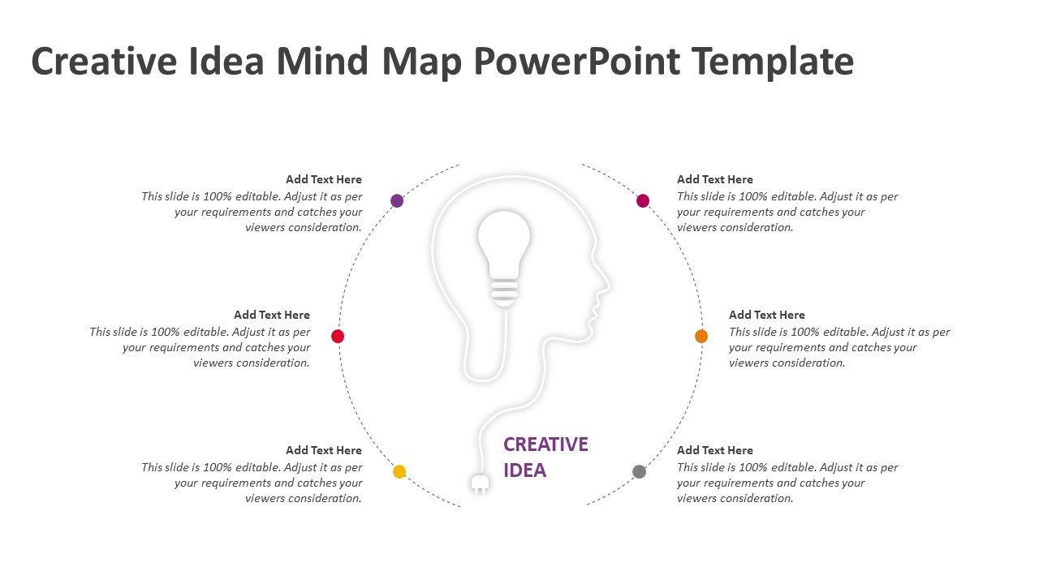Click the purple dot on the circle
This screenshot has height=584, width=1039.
397,200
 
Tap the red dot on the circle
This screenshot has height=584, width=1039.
338,336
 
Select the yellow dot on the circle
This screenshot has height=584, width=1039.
399,471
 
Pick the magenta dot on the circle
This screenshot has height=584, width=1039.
643,200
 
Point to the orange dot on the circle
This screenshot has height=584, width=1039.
701,336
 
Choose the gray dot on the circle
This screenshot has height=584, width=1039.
639,471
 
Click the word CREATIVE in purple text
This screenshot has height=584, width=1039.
545,444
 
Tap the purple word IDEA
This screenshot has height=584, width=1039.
524,470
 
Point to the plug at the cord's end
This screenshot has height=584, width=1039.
480,483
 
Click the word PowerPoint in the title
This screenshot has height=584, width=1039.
577,61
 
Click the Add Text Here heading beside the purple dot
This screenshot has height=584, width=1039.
324,179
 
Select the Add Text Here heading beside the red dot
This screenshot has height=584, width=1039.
272,315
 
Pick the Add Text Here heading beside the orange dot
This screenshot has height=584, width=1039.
767,315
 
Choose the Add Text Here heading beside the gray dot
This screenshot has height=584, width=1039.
715,450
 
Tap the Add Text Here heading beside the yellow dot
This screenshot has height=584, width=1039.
324,450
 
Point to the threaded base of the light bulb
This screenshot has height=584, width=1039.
504,293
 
